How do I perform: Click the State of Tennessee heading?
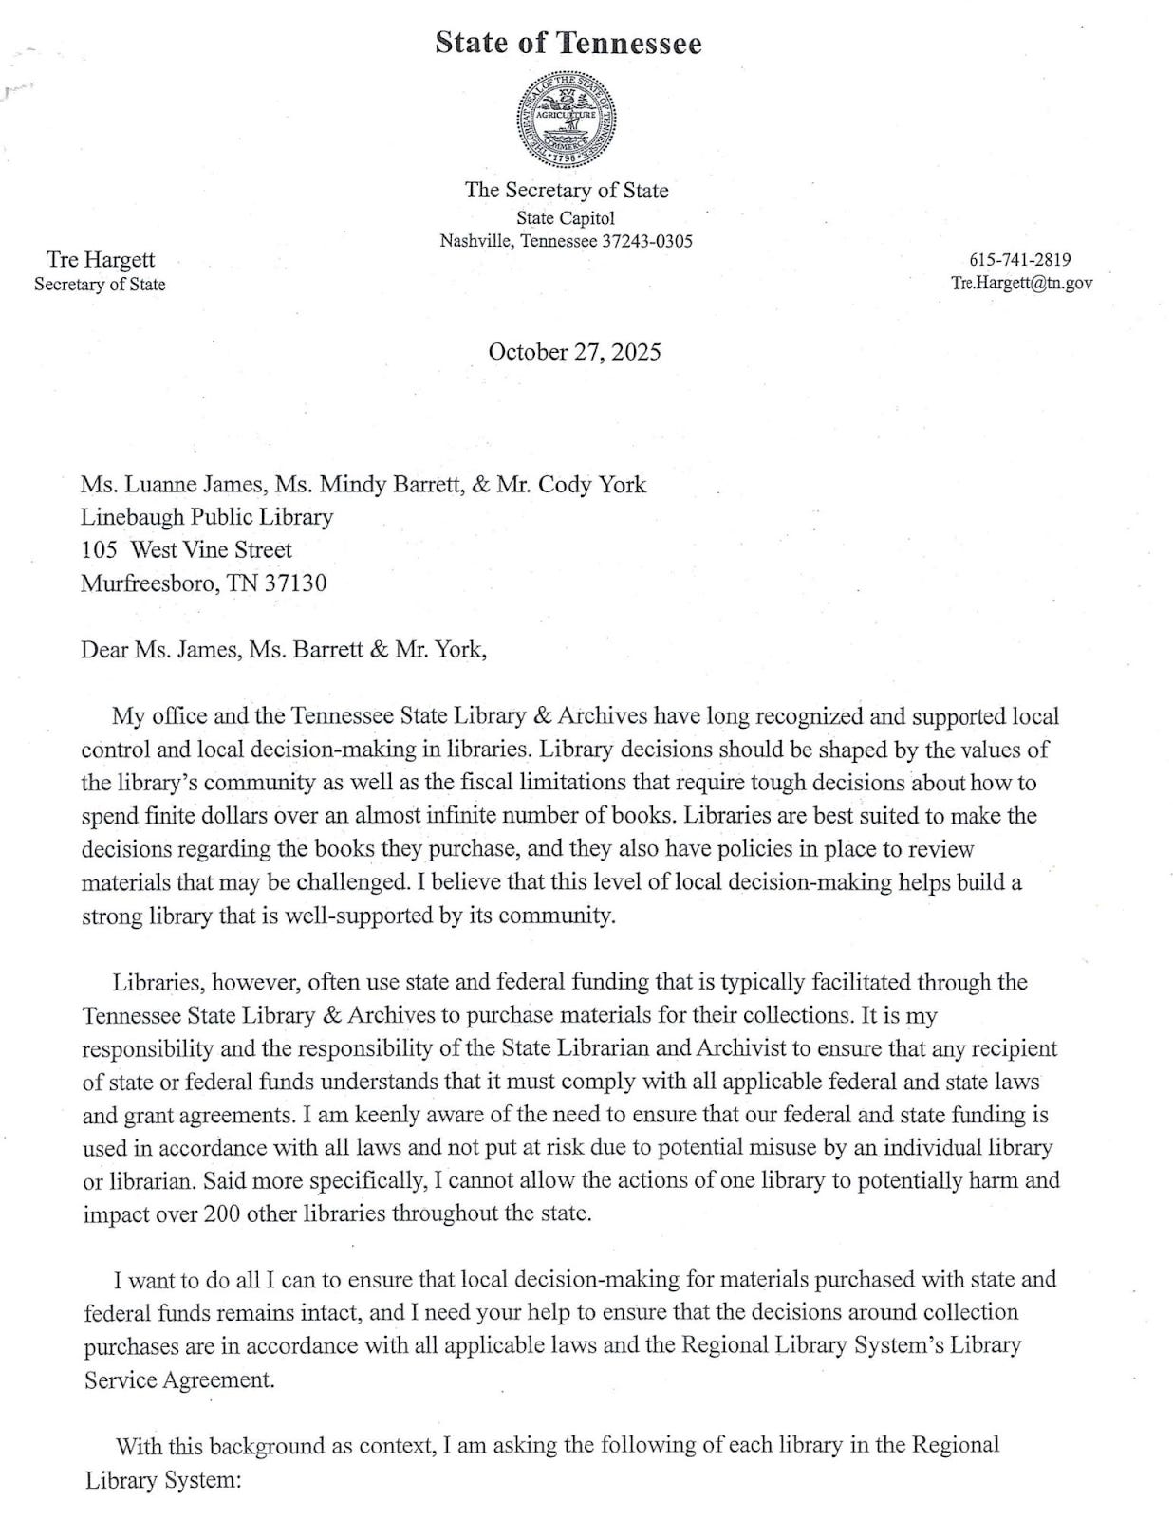[568, 44]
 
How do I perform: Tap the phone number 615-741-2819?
[1020, 260]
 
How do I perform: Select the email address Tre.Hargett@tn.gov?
[1021, 283]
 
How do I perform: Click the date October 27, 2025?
[574, 352]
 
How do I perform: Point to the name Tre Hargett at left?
[101, 260]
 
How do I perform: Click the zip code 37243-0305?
[648, 241]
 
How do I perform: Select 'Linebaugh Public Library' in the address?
[207, 517]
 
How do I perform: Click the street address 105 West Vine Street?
[186, 549]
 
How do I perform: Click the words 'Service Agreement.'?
[179, 1379]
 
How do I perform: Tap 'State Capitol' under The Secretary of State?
[566, 218]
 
